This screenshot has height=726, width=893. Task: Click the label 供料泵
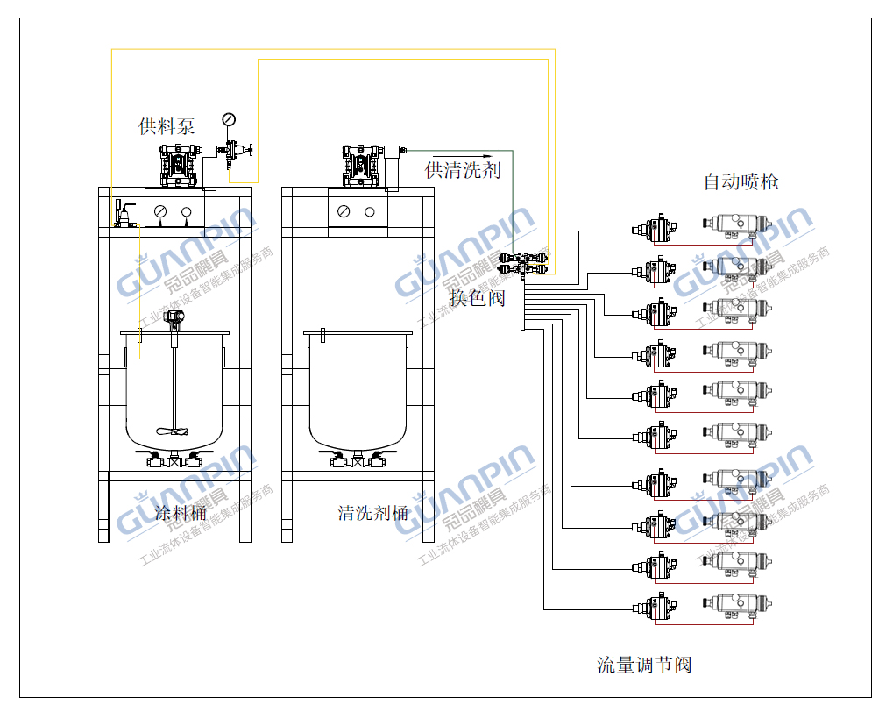tap(167, 126)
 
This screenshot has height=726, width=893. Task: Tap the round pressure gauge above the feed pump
tap(230, 118)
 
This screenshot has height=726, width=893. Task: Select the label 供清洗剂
tap(462, 170)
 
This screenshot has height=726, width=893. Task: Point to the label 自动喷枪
tap(741, 181)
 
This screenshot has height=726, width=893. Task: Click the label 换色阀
tap(477, 298)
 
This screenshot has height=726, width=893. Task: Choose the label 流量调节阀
tap(644, 665)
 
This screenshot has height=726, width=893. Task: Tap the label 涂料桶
tap(181, 513)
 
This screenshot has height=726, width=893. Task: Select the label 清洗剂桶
tap(372, 513)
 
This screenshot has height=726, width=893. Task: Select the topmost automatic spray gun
tap(738, 226)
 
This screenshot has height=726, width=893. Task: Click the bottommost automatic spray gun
tap(738, 604)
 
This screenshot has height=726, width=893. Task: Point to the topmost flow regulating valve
tap(657, 230)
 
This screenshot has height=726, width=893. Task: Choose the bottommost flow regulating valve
tap(657, 606)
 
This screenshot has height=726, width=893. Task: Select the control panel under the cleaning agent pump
tap(358, 210)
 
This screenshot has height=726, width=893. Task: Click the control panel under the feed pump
tap(174, 210)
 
